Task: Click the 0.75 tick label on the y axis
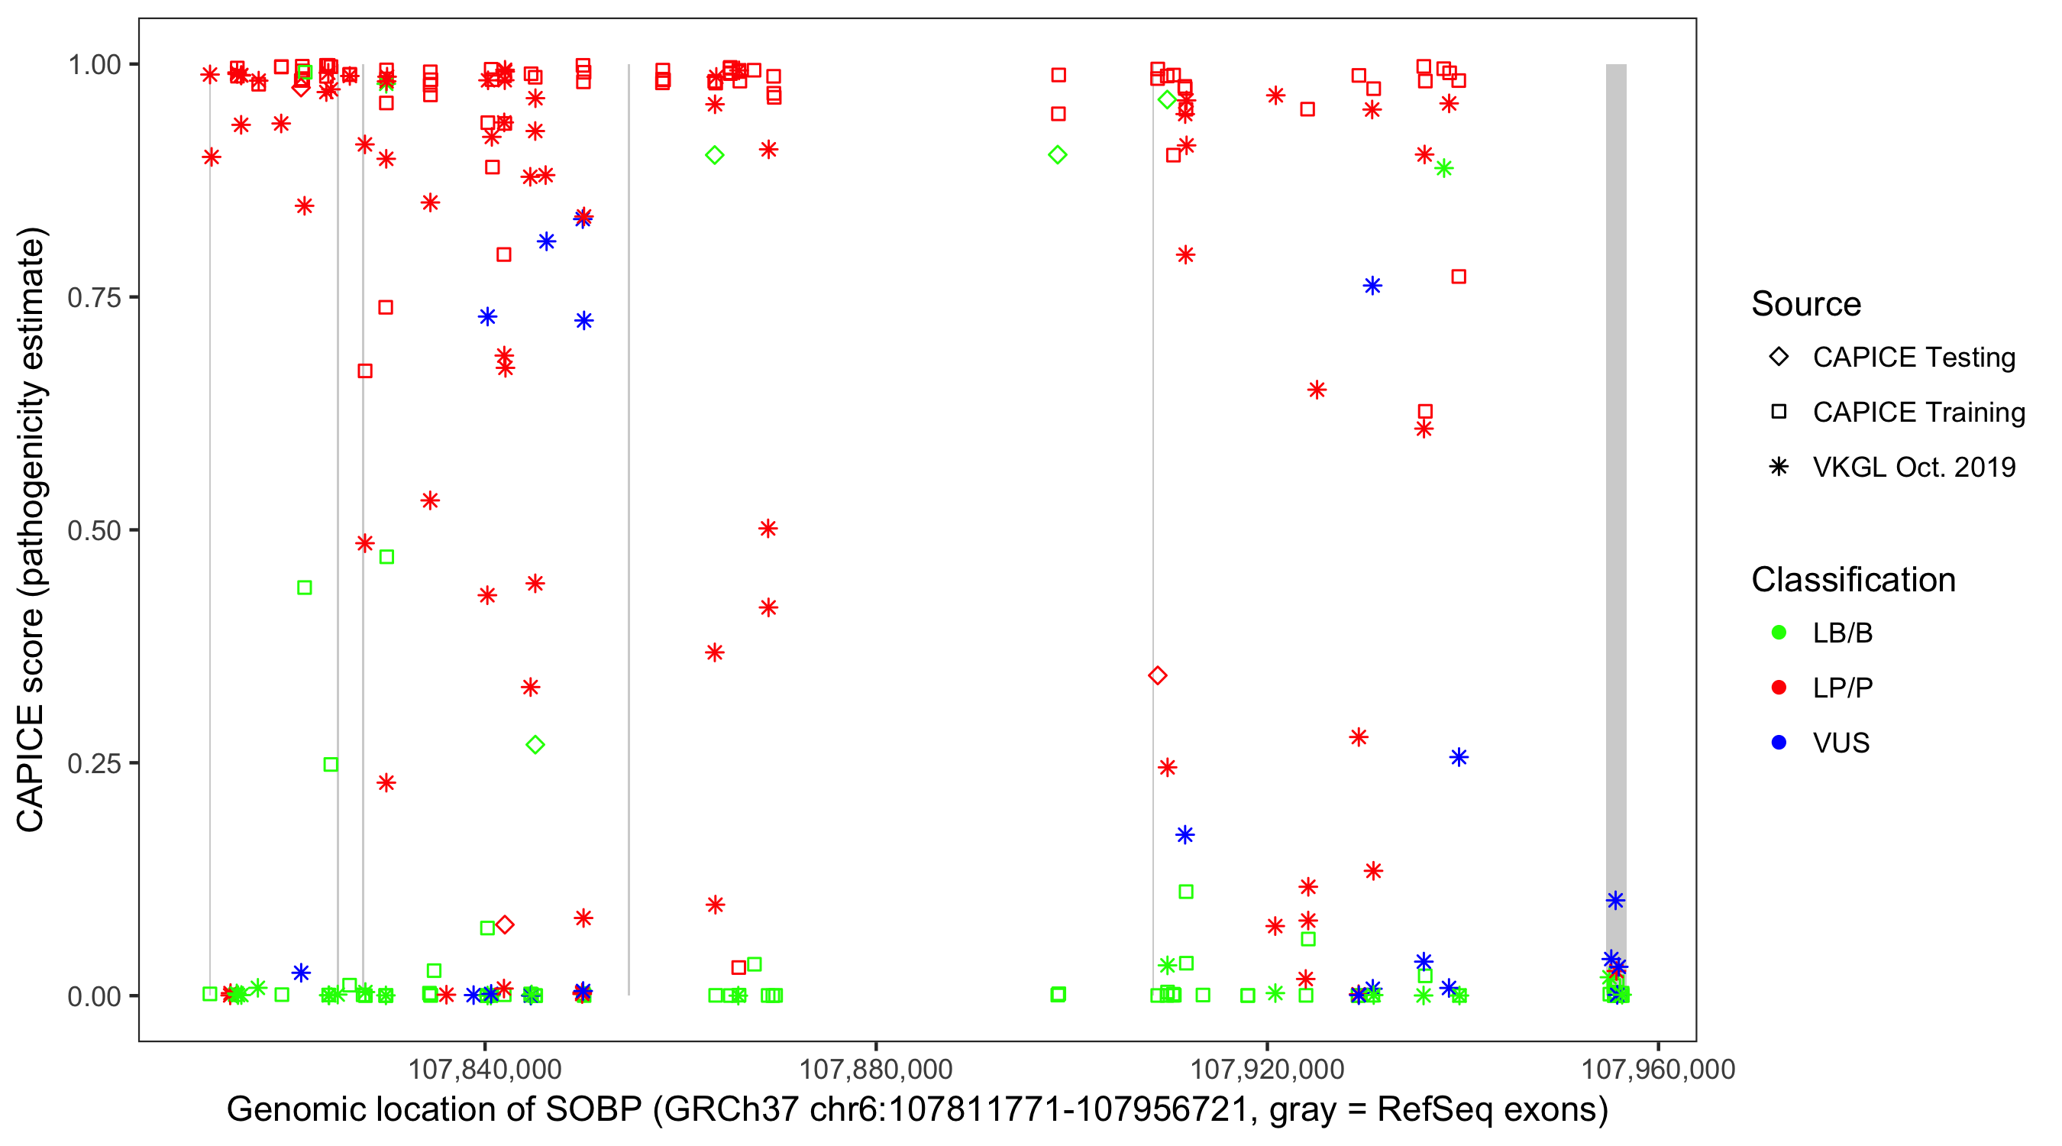(93, 298)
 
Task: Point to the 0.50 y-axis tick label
(93, 530)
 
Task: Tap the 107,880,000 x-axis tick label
(876, 1069)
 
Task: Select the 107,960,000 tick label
(1658, 1069)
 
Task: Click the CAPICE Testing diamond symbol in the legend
(1779, 358)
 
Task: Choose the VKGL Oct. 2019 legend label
(1914, 467)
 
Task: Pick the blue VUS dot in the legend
(1779, 743)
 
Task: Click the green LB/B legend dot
(1779, 633)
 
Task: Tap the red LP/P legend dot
(1779, 688)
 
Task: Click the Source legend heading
(1806, 304)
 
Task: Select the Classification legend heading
(1853, 580)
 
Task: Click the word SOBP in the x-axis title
(593, 1110)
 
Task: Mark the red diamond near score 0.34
(1158, 676)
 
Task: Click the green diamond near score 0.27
(535, 746)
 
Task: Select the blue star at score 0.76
(1372, 286)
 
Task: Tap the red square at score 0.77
(1459, 277)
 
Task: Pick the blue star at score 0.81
(547, 242)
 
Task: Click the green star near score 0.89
(1444, 168)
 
